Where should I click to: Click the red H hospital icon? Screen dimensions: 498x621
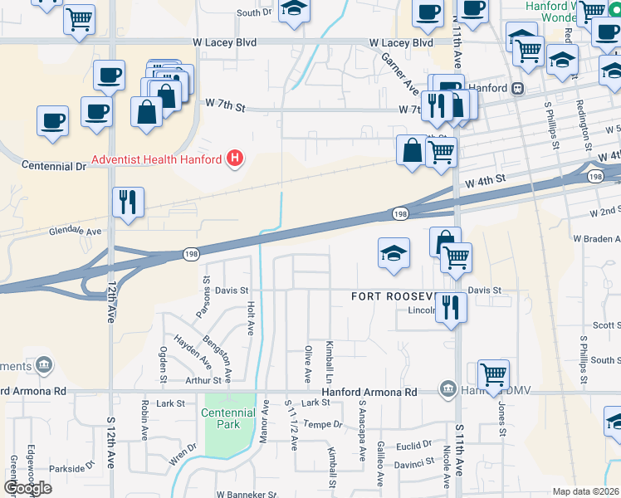coord(236,158)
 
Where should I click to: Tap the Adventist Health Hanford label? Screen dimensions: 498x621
coord(155,159)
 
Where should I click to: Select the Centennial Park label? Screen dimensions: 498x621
coord(228,418)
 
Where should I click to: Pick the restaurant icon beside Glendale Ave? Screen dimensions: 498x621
coord(128,202)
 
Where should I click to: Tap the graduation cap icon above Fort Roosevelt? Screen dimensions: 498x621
coord(394,254)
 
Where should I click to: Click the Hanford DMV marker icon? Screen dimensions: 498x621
coord(447,390)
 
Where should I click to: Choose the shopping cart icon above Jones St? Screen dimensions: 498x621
coord(493,373)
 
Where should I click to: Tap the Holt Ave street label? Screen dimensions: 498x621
coord(250,317)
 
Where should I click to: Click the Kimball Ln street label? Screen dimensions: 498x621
coord(330,355)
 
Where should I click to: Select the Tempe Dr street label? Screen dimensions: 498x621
coord(323,424)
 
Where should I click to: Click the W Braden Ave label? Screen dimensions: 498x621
coord(595,238)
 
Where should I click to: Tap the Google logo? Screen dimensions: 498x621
coord(27,488)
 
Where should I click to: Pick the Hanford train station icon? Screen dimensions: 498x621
coord(517,88)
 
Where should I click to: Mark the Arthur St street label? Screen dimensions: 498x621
coord(203,381)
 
